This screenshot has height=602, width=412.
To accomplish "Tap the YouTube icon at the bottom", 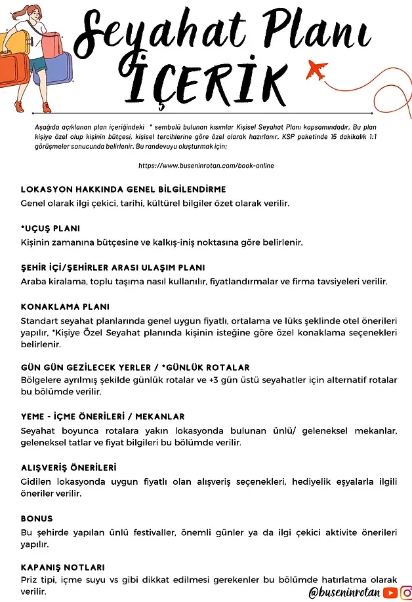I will coord(391,592).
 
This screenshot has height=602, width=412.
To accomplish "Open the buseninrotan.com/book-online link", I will coord(206,166).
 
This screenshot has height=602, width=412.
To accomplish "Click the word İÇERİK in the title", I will coord(210,80).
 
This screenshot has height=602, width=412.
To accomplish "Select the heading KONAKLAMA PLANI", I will coord(65,307).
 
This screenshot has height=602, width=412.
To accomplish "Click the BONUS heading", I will coord(37,518).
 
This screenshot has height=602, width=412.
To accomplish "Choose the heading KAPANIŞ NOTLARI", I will coord(63,567).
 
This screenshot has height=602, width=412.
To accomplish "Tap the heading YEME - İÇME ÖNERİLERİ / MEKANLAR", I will coord(102,416).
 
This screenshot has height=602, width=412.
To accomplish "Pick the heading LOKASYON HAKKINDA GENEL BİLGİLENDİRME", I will coord(123,189).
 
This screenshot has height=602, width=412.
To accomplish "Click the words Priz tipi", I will coord(39,580).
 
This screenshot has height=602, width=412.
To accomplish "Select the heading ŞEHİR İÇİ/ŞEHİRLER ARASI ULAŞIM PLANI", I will coord(113,267).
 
